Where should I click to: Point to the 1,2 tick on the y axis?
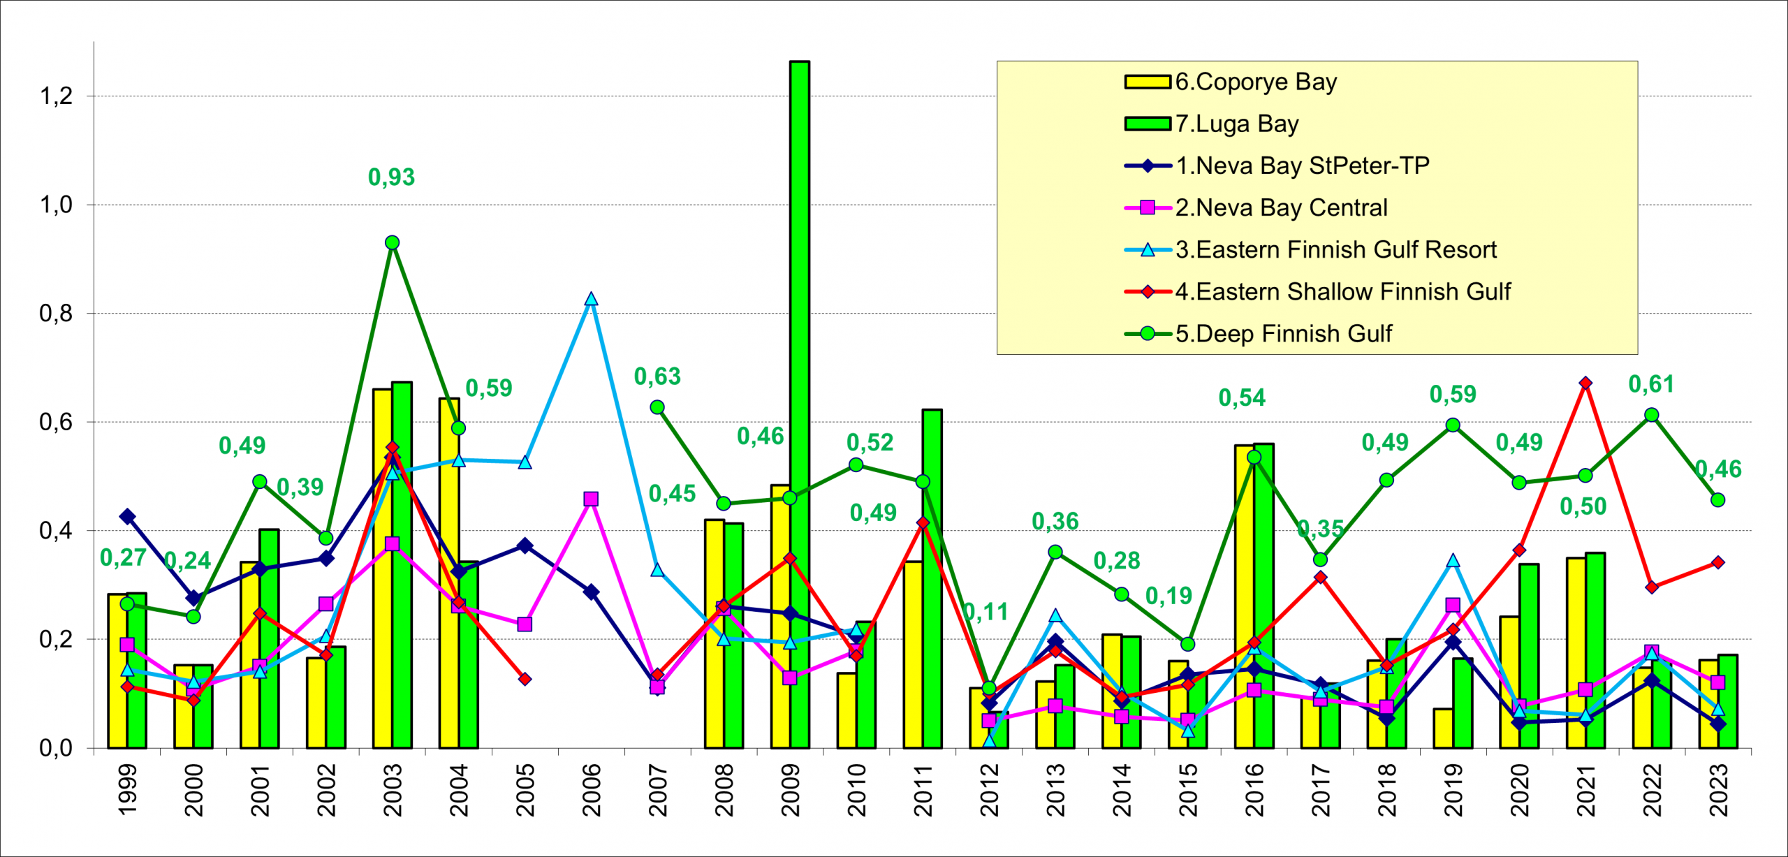click(57, 96)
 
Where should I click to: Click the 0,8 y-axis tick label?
click(57, 314)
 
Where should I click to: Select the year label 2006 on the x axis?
click(592, 790)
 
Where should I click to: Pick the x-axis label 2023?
click(1719, 790)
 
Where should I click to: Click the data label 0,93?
click(391, 177)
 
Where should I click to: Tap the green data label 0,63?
click(657, 377)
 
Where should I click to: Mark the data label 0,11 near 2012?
click(985, 613)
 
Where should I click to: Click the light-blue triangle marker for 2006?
click(591, 300)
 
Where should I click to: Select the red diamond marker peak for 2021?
click(1585, 383)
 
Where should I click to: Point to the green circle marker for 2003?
click(392, 242)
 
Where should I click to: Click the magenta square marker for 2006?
click(591, 499)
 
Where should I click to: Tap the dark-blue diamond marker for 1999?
click(127, 517)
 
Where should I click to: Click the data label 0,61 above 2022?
click(1651, 384)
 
